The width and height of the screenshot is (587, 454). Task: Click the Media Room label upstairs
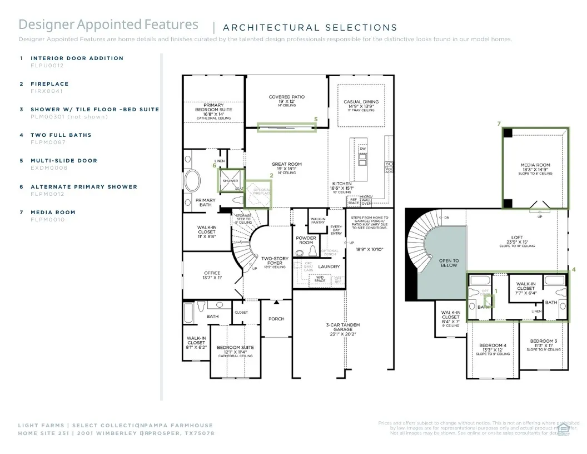coord(535,165)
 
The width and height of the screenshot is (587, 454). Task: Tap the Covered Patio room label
coord(287,97)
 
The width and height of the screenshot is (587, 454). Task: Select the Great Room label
coord(287,164)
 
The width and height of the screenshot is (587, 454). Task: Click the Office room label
coord(212,273)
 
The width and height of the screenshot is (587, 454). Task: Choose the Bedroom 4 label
coord(493,346)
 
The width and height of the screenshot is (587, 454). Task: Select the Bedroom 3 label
coord(543,341)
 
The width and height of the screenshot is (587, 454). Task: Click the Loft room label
coord(517,238)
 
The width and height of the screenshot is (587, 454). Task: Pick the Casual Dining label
coord(361,102)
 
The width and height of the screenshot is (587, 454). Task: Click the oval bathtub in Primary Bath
coord(193,180)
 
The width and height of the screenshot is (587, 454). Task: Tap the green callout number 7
coord(499,124)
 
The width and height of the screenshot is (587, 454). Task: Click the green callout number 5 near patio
coord(316,119)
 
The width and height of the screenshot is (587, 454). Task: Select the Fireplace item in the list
coord(49,84)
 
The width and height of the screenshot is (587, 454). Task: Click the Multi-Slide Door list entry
coord(63,161)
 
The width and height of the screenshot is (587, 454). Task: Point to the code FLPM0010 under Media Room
coord(47,220)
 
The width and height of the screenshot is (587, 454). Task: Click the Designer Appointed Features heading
coord(108,24)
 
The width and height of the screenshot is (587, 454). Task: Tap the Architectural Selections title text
coord(310,27)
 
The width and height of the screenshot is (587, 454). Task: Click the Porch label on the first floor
coord(276,319)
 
